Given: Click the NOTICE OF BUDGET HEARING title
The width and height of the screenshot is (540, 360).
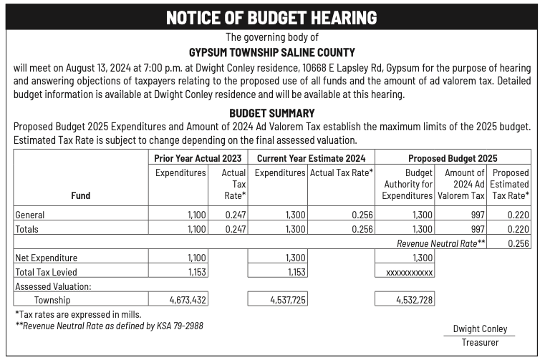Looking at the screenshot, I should (271, 18).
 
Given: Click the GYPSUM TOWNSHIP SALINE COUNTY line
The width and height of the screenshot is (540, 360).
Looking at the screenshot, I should (271, 52).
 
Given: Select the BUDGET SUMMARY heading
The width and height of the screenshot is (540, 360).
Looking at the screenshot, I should (271, 113).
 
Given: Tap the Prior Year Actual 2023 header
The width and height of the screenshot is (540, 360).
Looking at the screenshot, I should (198, 157).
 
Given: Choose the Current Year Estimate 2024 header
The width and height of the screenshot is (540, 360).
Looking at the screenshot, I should (312, 157).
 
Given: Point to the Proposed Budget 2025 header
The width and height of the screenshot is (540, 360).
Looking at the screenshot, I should (453, 157).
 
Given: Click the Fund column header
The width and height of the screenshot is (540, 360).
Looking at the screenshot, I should (80, 195).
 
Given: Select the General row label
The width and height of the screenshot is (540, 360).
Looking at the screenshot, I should (30, 215).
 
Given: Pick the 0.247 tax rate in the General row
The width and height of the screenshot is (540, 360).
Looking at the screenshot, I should (235, 215).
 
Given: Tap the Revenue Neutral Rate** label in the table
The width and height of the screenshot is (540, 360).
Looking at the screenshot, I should (441, 243).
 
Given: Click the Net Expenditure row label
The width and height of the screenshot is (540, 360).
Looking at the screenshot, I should (46, 258).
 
